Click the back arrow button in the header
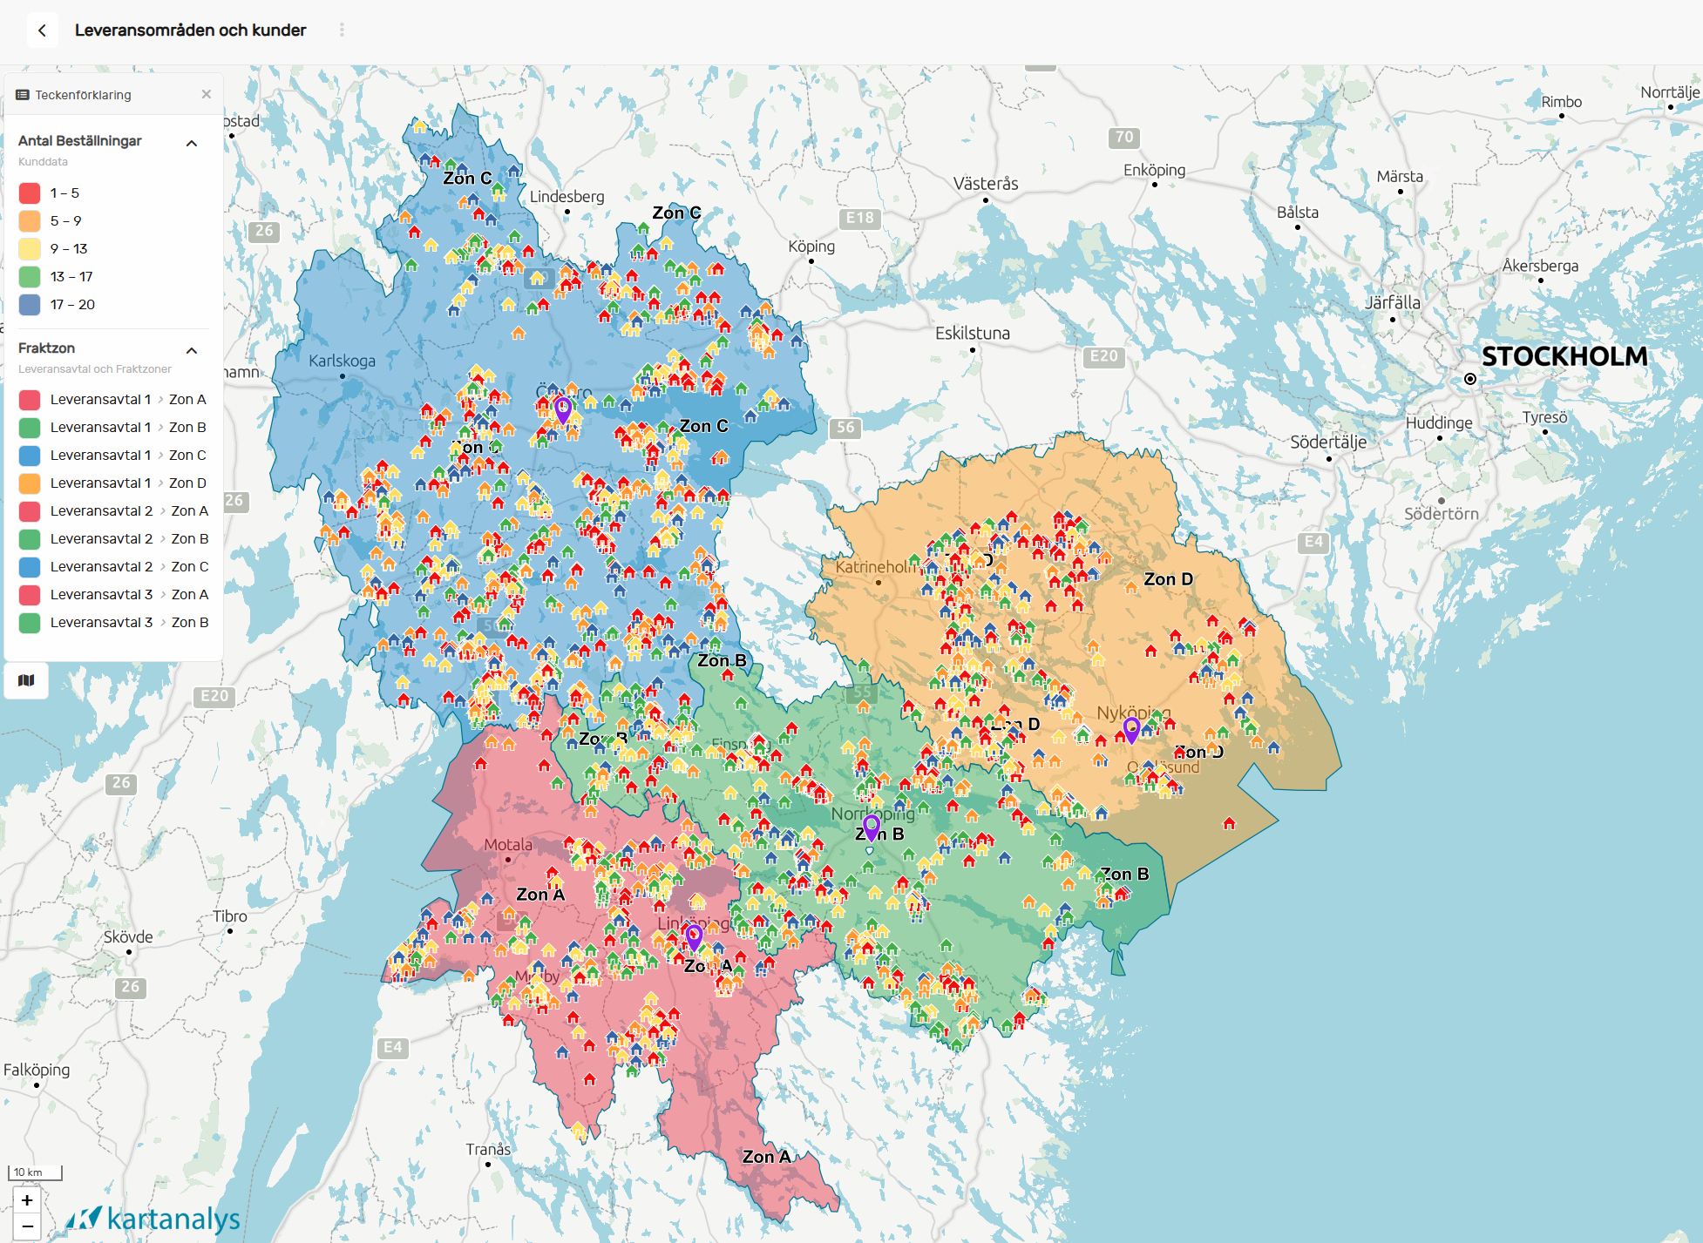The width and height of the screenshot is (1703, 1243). [x=42, y=30]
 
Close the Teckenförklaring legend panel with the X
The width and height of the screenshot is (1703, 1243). [x=207, y=94]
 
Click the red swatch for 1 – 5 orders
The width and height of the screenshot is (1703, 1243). [x=30, y=193]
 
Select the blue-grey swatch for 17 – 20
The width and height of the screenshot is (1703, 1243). [x=30, y=305]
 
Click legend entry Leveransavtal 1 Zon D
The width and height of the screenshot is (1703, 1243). [x=127, y=483]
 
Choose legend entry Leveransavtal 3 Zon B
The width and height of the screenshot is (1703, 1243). [x=128, y=622]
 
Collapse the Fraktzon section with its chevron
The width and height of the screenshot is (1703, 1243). [x=192, y=350]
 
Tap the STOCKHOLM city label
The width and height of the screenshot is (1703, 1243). [x=1564, y=356]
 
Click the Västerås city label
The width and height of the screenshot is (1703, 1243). [x=985, y=184]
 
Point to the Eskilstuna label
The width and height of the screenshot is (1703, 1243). [x=972, y=333]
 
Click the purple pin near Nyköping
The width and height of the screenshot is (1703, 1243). [x=1131, y=729]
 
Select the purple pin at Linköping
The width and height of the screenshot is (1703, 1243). [x=694, y=936]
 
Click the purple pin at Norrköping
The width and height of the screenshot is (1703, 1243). [x=871, y=826]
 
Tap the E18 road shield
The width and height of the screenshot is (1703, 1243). [x=859, y=218]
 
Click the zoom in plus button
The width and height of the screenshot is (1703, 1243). [x=27, y=1200]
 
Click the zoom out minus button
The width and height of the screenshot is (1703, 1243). [x=27, y=1226]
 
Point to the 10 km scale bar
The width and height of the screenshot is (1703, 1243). [x=35, y=1172]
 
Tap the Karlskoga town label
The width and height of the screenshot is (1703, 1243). [x=342, y=361]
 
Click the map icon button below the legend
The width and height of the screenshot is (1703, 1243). [x=26, y=680]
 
